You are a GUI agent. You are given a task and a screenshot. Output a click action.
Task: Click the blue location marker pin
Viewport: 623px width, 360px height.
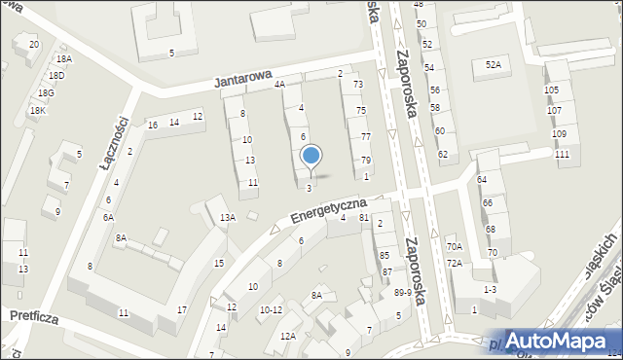pos(311,157)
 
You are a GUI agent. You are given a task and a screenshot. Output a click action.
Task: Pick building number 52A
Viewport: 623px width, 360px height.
pos(494,64)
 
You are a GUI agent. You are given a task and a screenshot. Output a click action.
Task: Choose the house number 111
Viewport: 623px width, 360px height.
pos(562,155)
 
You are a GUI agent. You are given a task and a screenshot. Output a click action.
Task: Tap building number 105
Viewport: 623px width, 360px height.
pos(552,90)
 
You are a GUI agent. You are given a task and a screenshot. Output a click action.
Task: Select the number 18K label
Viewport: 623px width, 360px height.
pos(37,110)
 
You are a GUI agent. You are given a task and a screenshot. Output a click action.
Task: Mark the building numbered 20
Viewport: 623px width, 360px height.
pos(33,45)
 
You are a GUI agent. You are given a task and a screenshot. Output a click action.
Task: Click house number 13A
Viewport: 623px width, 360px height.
pos(227,217)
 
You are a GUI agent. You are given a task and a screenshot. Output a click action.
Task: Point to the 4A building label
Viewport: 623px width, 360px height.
pos(280,85)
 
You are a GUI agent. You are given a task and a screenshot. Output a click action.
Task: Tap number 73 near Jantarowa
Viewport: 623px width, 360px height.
pos(358,85)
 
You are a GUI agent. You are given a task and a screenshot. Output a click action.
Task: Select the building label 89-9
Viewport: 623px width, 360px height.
pos(401,292)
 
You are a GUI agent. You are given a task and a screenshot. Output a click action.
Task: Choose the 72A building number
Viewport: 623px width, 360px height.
pos(455,264)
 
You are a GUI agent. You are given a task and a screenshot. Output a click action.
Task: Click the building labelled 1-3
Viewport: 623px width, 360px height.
pos(490,289)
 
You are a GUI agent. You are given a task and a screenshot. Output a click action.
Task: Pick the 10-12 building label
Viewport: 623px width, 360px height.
pos(270,310)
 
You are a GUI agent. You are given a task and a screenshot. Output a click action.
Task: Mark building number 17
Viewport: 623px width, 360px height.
pos(182,309)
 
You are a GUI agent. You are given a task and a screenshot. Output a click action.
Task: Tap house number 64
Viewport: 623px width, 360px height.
pos(482,180)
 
